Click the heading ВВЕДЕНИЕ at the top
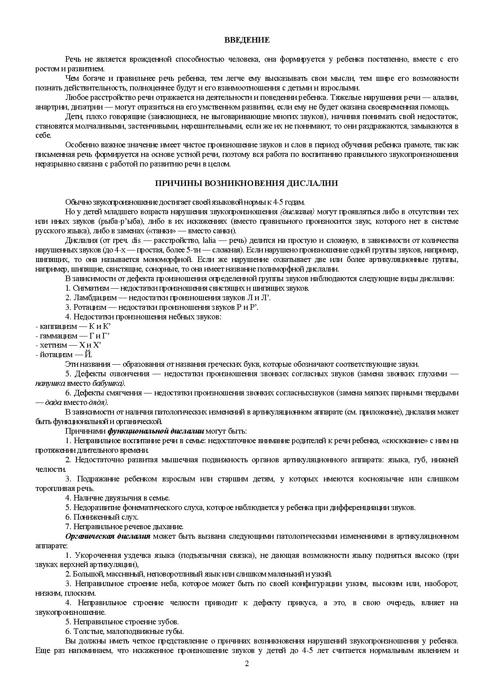[247, 40]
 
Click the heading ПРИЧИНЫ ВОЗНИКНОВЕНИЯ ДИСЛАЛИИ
[246, 183]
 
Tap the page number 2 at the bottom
[247, 663]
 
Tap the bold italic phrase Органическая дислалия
[107, 536]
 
